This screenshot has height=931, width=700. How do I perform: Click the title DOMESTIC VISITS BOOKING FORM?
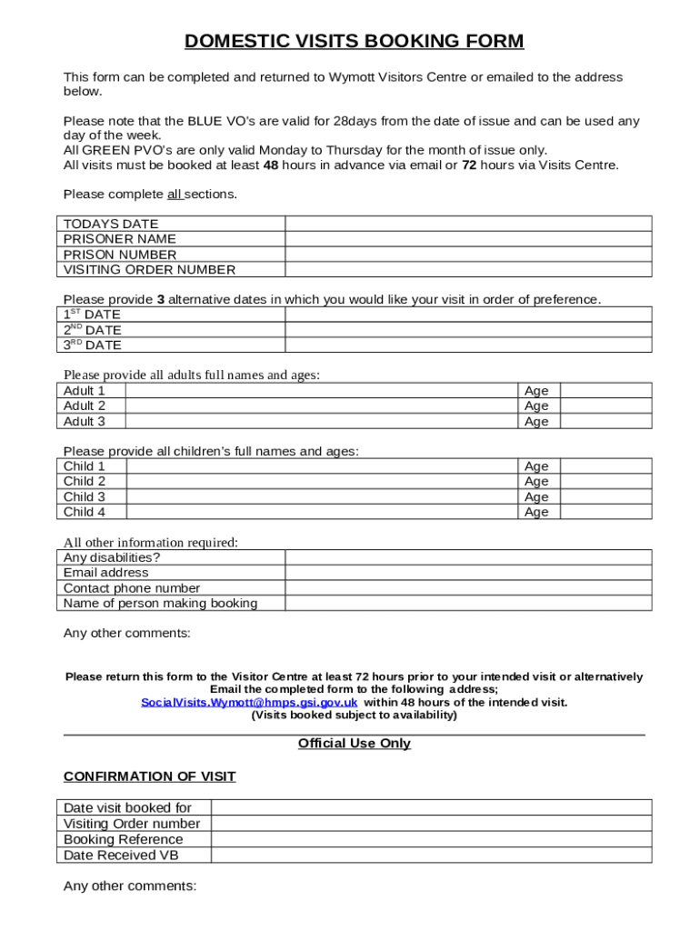tap(354, 41)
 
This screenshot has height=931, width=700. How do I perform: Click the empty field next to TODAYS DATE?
tap(468, 224)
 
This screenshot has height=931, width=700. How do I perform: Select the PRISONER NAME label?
tap(120, 239)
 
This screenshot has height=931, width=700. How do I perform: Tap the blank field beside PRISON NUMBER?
tap(468, 255)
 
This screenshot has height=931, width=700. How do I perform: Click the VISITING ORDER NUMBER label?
tap(149, 270)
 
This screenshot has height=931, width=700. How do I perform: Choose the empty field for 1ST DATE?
tap(468, 315)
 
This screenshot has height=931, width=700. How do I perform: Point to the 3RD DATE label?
tap(92, 345)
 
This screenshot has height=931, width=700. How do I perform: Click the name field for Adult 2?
tap(323, 406)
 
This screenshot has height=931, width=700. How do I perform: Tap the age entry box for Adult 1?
tap(605, 391)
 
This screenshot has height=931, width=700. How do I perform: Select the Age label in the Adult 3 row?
tap(536, 422)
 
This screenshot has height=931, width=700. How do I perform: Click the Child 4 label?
tap(85, 512)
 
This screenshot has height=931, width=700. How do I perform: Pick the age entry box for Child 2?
tap(605, 481)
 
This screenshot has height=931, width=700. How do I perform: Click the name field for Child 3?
tap(323, 496)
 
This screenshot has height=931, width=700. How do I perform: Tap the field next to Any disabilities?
tap(468, 557)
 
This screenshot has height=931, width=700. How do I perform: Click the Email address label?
tap(105, 573)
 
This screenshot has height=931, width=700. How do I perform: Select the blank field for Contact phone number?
tap(468, 588)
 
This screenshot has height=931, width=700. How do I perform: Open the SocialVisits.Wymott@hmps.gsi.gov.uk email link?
tap(249, 703)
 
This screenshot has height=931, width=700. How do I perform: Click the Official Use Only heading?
tap(354, 744)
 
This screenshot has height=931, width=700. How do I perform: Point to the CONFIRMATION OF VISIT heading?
tap(149, 776)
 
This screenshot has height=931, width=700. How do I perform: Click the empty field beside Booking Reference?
tap(431, 839)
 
